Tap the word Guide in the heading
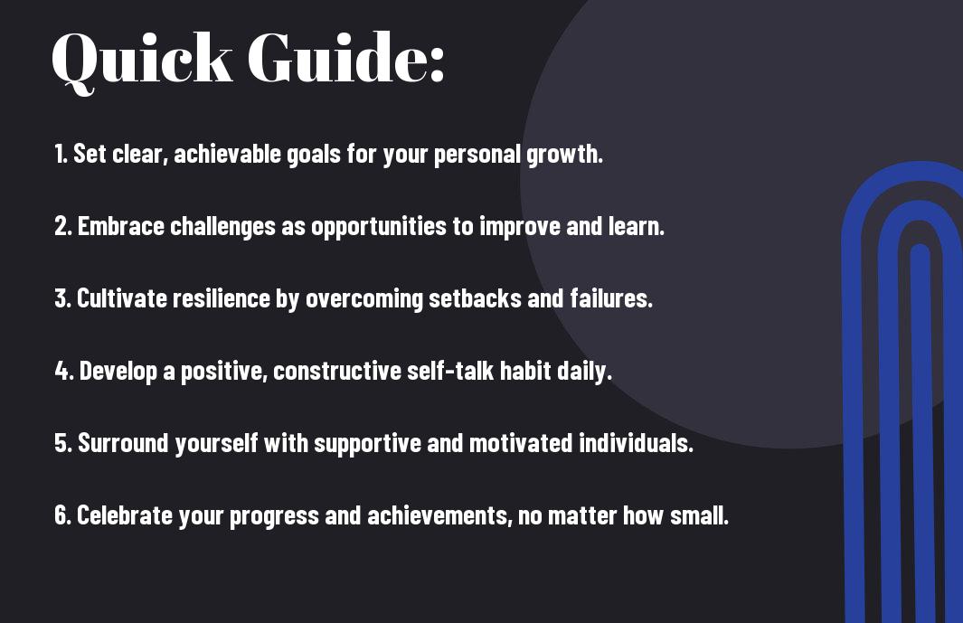(x=334, y=57)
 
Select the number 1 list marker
(x=61, y=154)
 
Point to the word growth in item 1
(x=564, y=155)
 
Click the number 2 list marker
(x=63, y=226)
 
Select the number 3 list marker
(x=63, y=298)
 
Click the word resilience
(x=222, y=298)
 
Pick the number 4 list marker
(x=64, y=371)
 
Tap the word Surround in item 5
(x=123, y=443)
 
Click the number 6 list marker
(x=63, y=515)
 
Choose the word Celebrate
(x=125, y=514)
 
